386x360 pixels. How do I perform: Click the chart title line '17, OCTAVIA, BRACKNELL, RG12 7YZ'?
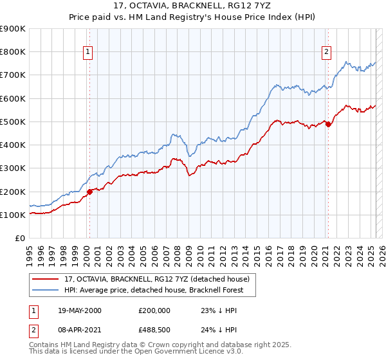(193, 6)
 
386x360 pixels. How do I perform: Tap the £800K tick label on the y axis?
(13, 52)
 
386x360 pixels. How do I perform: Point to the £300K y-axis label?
(13, 168)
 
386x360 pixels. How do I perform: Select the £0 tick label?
(20, 239)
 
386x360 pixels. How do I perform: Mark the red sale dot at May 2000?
(90, 191)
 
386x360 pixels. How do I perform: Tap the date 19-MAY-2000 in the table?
(80, 310)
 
